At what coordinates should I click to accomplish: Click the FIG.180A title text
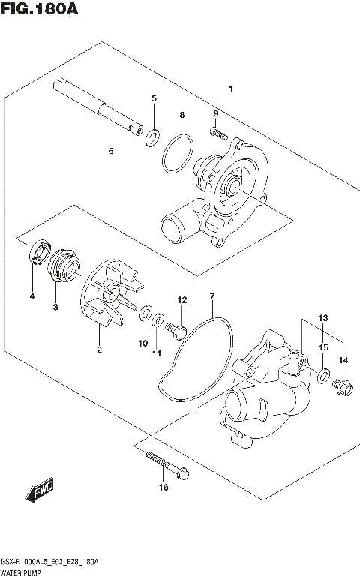coord(39,10)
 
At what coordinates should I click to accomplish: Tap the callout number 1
coord(230,89)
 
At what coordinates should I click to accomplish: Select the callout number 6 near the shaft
coord(110,151)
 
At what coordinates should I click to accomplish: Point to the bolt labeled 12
coord(177,327)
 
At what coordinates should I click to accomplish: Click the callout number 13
coord(322,318)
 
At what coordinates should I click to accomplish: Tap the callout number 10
coord(142,343)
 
